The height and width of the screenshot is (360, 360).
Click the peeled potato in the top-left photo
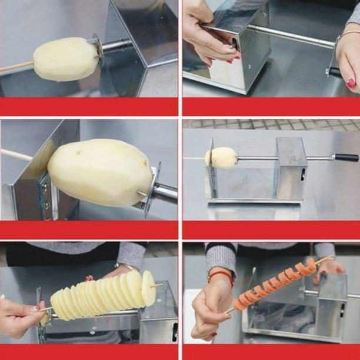[65, 59]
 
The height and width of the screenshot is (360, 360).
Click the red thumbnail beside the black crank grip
[351, 83]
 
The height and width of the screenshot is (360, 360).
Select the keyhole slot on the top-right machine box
[234, 43]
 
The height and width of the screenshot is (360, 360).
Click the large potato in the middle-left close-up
[100, 172]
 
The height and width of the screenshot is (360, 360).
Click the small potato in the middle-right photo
[222, 158]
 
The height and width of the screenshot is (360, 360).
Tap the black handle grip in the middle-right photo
[346, 158]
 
